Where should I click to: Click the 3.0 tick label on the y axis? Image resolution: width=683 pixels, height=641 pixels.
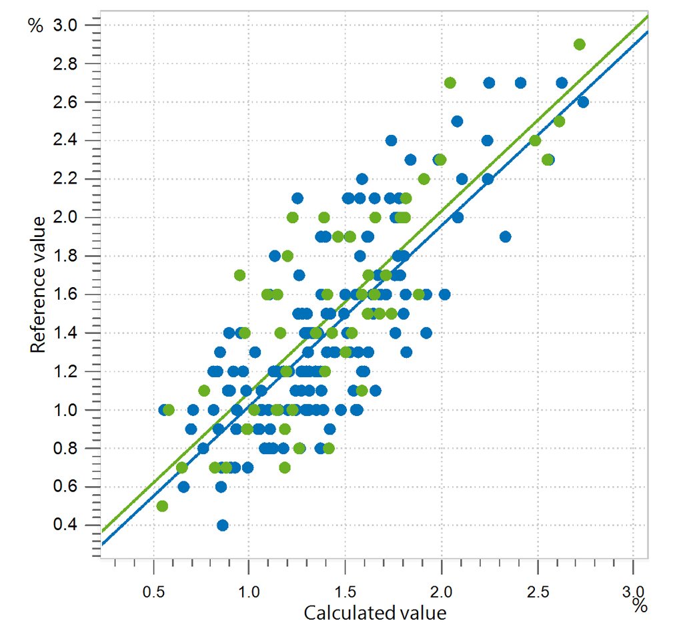[x=65, y=25]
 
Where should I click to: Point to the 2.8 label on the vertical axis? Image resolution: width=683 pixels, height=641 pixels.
[x=65, y=64]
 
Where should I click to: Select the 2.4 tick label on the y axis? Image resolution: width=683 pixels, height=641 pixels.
[x=65, y=140]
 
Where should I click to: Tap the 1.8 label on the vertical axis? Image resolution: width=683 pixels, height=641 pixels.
[x=65, y=256]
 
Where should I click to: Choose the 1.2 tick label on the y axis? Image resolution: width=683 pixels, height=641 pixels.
[x=65, y=371]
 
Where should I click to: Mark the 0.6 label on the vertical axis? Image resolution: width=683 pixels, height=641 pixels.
[x=65, y=486]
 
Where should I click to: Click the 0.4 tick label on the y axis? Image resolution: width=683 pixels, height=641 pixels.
[x=65, y=525]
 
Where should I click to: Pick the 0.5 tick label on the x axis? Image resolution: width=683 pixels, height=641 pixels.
[x=154, y=592]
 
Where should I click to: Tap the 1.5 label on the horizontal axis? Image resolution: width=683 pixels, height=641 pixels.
[x=345, y=592]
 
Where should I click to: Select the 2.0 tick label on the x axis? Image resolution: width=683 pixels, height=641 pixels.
[x=442, y=592]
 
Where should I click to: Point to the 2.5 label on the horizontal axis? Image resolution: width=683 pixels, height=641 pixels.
[x=538, y=592]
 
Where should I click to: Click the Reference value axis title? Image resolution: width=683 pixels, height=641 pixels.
[x=38, y=284]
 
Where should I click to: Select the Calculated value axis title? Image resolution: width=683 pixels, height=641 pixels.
[x=375, y=613]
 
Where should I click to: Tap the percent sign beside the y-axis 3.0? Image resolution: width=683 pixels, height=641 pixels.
[x=36, y=26]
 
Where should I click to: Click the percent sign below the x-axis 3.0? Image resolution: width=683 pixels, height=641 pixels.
[x=640, y=606]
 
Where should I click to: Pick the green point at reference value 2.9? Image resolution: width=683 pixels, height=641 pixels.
[x=580, y=45]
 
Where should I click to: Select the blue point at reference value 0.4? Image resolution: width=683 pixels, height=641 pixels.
[x=223, y=525]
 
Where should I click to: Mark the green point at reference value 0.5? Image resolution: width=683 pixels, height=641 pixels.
[x=162, y=506]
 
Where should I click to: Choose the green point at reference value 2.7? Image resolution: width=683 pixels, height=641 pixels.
[x=450, y=83]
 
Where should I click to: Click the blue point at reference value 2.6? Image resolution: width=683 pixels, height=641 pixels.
[x=583, y=102]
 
